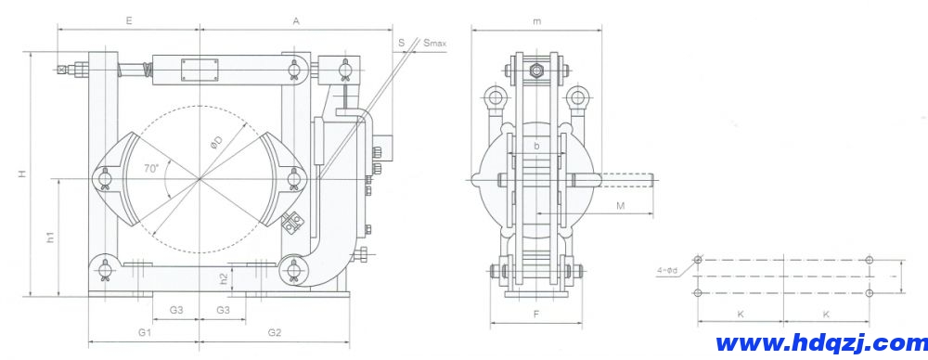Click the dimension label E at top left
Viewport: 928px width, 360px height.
click(129, 19)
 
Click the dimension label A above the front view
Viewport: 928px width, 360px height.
click(295, 19)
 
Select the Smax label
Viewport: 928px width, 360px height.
click(433, 43)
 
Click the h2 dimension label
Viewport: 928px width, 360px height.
click(224, 277)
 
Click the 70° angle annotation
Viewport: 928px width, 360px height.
click(152, 169)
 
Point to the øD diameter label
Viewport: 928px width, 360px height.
click(215, 142)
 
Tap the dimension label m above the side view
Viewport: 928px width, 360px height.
click(536, 19)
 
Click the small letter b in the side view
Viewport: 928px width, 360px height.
click(536, 147)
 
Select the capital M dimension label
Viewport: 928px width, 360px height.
click(620, 206)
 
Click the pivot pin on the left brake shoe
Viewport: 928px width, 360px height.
click(105, 178)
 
